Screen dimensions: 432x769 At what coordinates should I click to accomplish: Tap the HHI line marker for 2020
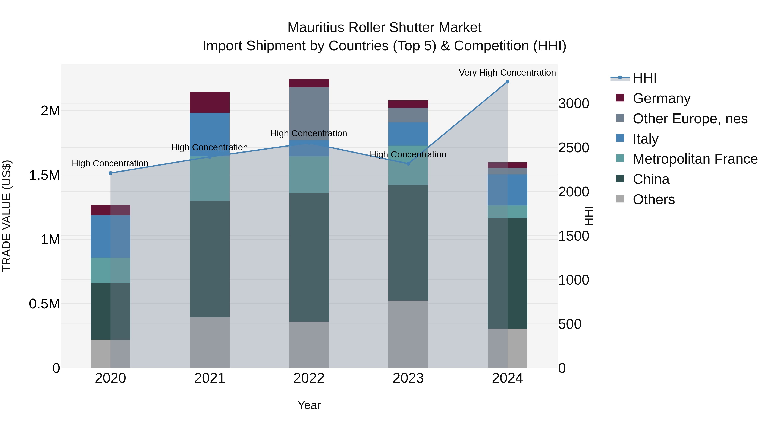[110, 173]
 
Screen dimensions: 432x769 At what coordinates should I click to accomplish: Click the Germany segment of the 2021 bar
[210, 103]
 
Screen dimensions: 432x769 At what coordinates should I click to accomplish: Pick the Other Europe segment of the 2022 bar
[309, 113]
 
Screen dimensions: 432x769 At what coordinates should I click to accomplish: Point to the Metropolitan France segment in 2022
[309, 175]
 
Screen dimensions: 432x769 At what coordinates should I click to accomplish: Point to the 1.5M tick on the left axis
[44, 175]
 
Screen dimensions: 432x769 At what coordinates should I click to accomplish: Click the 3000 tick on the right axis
[574, 104]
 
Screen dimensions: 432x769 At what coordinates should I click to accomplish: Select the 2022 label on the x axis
[309, 378]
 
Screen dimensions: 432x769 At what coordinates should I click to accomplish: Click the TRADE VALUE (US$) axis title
[7, 216]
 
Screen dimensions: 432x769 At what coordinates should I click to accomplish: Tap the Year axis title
[309, 405]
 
